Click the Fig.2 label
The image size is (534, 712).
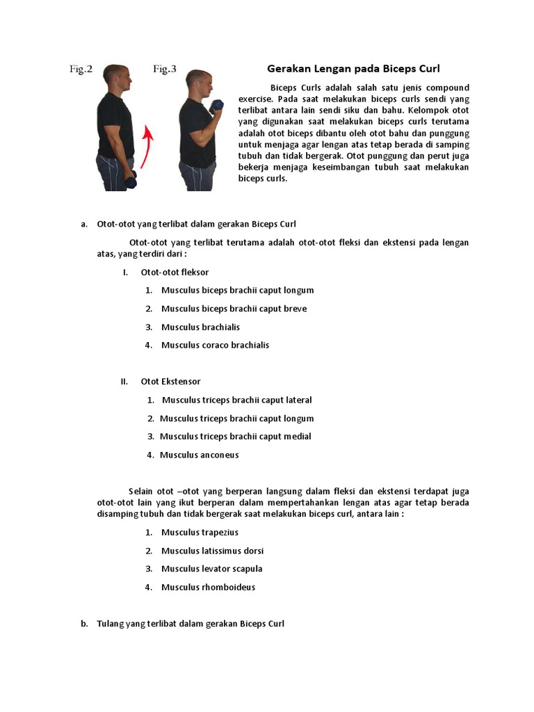point(81,70)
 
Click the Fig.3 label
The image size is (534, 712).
point(164,70)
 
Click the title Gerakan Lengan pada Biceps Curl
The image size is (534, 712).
point(353,69)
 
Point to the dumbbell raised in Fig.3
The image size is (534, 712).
point(217,106)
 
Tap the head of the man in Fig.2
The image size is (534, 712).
point(116,78)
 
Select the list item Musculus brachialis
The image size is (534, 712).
point(200,327)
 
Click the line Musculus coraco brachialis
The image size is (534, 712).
point(215,345)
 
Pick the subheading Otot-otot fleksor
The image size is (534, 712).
point(175,273)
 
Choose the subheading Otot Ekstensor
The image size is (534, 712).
point(170,382)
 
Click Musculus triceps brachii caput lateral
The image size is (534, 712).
point(236,400)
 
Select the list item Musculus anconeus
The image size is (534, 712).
point(199,455)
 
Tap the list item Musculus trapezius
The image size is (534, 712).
point(200,533)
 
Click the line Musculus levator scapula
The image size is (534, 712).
point(211,569)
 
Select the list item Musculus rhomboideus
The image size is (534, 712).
point(208,587)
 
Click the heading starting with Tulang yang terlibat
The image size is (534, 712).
point(191,624)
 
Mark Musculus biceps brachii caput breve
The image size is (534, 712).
point(234,309)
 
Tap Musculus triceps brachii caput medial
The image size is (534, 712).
point(235,437)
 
